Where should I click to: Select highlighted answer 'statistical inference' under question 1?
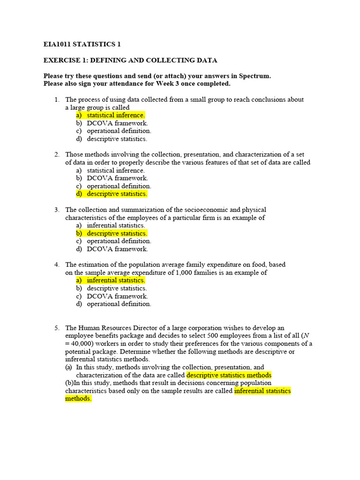115,115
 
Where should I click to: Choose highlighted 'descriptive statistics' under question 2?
117,194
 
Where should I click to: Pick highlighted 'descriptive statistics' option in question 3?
117,233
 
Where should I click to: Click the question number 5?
56,328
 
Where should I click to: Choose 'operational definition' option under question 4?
119,304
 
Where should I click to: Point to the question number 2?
56,155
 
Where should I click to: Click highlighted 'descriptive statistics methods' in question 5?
229,375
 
